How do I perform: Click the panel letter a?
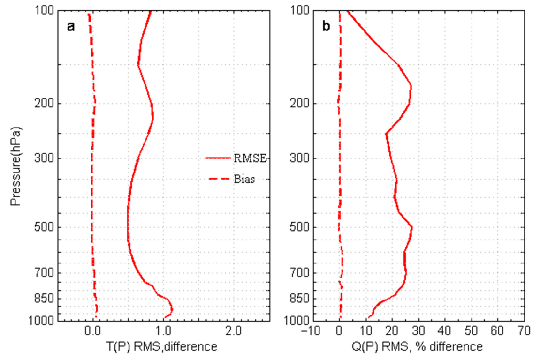[x=71, y=27]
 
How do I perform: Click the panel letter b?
[x=326, y=27]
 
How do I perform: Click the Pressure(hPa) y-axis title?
[x=15, y=165]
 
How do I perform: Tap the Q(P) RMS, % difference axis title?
[x=417, y=347]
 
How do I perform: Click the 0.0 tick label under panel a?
[x=92, y=331]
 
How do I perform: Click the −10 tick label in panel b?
[x=310, y=331]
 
